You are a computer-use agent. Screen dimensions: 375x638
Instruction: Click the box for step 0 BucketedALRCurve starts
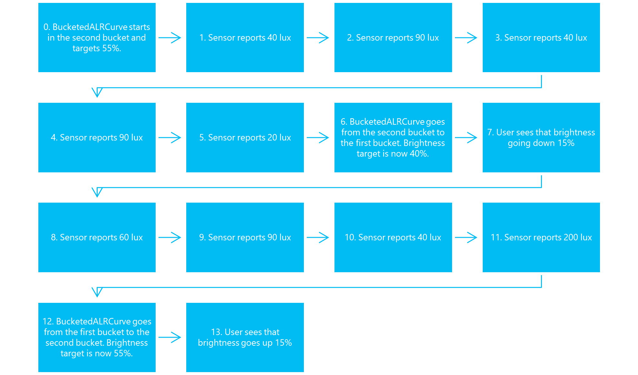(x=97, y=38)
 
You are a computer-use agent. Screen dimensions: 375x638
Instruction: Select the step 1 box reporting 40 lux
(x=245, y=38)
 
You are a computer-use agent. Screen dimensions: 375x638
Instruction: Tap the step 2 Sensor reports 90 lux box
(x=393, y=38)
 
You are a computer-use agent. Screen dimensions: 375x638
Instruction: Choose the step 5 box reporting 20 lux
(x=245, y=138)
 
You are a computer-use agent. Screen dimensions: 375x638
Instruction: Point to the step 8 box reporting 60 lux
(x=97, y=237)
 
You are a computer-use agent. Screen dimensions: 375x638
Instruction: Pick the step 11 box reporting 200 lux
(x=541, y=237)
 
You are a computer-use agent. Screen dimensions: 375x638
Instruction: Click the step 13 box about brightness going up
(x=245, y=337)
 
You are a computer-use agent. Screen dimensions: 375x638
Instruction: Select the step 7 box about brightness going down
(x=541, y=138)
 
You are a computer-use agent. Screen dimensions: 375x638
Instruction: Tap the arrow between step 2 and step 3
(x=467, y=38)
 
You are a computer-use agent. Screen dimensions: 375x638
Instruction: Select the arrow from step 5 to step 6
(x=319, y=138)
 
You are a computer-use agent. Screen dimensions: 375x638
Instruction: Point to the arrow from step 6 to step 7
(x=467, y=138)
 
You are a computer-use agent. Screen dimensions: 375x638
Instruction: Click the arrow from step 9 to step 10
(x=319, y=237)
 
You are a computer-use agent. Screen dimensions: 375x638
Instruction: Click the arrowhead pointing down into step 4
(x=97, y=92)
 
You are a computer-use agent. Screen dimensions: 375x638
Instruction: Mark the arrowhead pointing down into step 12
(x=97, y=292)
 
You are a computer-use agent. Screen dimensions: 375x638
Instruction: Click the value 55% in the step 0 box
(x=111, y=48)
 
